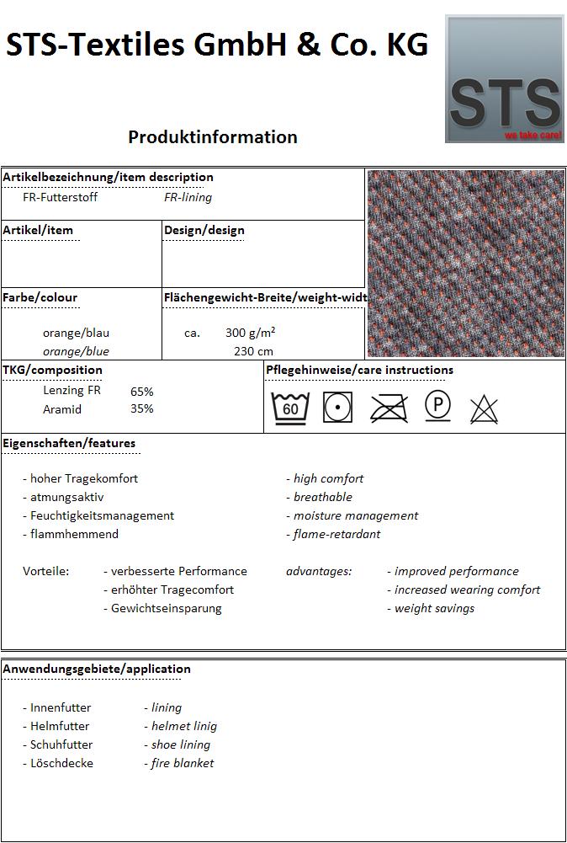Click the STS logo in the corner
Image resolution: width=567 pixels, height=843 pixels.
point(504,78)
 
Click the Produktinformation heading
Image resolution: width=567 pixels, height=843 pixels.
point(213,136)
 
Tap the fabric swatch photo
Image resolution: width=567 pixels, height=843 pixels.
point(466,263)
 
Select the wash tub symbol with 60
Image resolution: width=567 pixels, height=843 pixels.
point(290,408)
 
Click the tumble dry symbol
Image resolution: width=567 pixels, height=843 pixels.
point(337,408)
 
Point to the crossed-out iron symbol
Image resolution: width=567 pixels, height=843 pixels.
point(389,408)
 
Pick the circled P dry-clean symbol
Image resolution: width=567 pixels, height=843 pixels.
point(437,406)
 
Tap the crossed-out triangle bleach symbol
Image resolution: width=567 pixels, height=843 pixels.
point(484,408)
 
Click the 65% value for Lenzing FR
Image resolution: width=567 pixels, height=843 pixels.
point(142,392)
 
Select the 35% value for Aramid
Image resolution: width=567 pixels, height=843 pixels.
point(142,409)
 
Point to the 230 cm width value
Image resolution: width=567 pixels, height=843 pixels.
point(253,351)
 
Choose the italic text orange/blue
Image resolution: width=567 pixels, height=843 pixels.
point(76,351)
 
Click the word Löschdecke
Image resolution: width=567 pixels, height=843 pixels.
point(61,763)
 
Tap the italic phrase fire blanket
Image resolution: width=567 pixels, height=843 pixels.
point(182,763)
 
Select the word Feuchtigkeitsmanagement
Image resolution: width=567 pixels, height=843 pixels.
point(102,515)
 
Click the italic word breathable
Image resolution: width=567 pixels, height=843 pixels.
point(322,497)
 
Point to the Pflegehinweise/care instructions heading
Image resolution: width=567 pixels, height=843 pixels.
point(359,370)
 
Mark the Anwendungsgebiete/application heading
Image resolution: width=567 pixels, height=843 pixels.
point(97,669)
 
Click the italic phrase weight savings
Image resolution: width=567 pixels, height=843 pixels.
point(434,608)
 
